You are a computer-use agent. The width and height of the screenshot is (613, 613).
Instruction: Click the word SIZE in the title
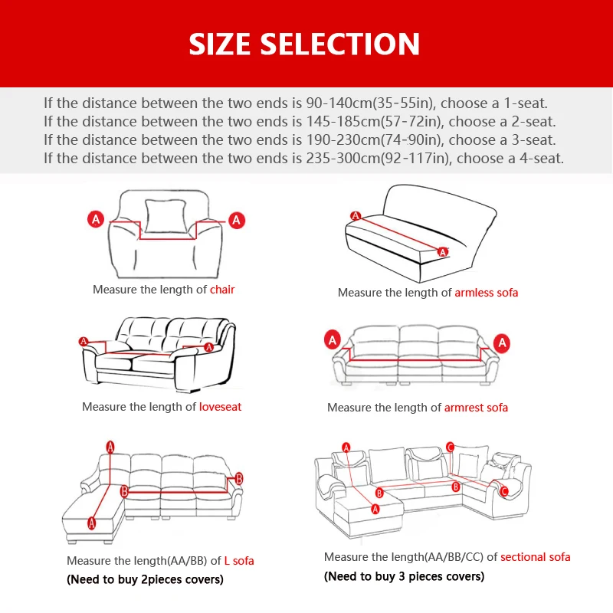click(219, 44)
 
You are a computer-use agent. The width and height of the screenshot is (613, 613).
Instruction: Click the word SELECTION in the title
click(340, 44)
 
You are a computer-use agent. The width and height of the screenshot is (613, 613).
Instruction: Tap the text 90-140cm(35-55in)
click(370, 103)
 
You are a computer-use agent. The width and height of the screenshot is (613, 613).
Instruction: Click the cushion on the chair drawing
click(166, 217)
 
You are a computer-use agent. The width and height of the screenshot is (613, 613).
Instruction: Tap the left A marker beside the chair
click(96, 219)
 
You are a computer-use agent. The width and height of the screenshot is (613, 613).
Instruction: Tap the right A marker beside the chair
click(237, 221)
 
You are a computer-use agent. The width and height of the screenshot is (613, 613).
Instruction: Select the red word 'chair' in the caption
click(222, 290)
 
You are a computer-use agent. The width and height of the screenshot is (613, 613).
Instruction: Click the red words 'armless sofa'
click(487, 293)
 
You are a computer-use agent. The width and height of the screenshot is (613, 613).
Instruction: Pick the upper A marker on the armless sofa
click(356, 216)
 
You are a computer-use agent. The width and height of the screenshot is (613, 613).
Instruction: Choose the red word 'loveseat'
click(220, 407)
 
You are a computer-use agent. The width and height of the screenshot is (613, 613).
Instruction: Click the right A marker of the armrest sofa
click(502, 343)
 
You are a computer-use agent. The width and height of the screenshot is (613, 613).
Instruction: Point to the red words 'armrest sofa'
click(476, 408)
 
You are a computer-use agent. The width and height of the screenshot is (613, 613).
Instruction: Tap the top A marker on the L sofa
click(110, 447)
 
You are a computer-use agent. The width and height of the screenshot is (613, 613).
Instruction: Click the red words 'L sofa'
click(239, 561)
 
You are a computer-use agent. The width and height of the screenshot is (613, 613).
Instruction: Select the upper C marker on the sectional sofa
click(450, 447)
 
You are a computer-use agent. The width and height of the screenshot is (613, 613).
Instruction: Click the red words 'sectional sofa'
click(535, 557)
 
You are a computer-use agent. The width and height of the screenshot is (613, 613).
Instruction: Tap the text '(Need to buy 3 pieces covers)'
click(405, 577)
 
